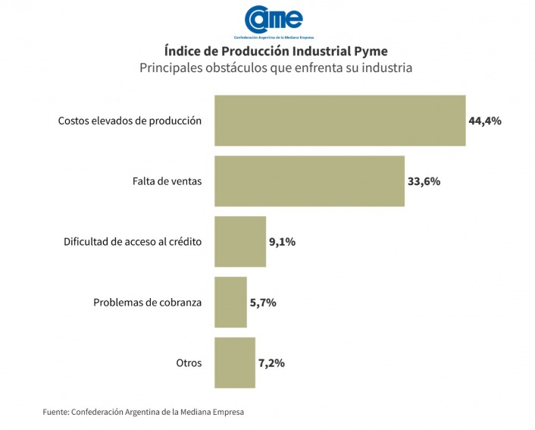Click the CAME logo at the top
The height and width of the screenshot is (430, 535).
[276, 20]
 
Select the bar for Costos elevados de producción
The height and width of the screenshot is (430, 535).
[339, 120]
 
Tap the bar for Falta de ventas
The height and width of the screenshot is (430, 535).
[309, 181]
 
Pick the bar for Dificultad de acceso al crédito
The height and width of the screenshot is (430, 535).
[240, 242]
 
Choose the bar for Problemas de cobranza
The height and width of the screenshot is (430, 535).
[230, 302]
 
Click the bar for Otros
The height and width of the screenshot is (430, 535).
[235, 363]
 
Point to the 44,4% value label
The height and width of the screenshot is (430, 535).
[485, 120]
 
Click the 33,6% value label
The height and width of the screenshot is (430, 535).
[424, 181]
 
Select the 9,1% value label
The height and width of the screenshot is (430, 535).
[282, 242]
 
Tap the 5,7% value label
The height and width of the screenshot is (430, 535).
[263, 302]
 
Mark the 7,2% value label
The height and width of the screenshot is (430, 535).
[271, 363]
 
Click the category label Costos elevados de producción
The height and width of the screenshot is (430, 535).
[130, 121]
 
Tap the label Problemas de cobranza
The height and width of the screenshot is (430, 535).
[147, 302]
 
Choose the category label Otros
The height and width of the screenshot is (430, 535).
[188, 363]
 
